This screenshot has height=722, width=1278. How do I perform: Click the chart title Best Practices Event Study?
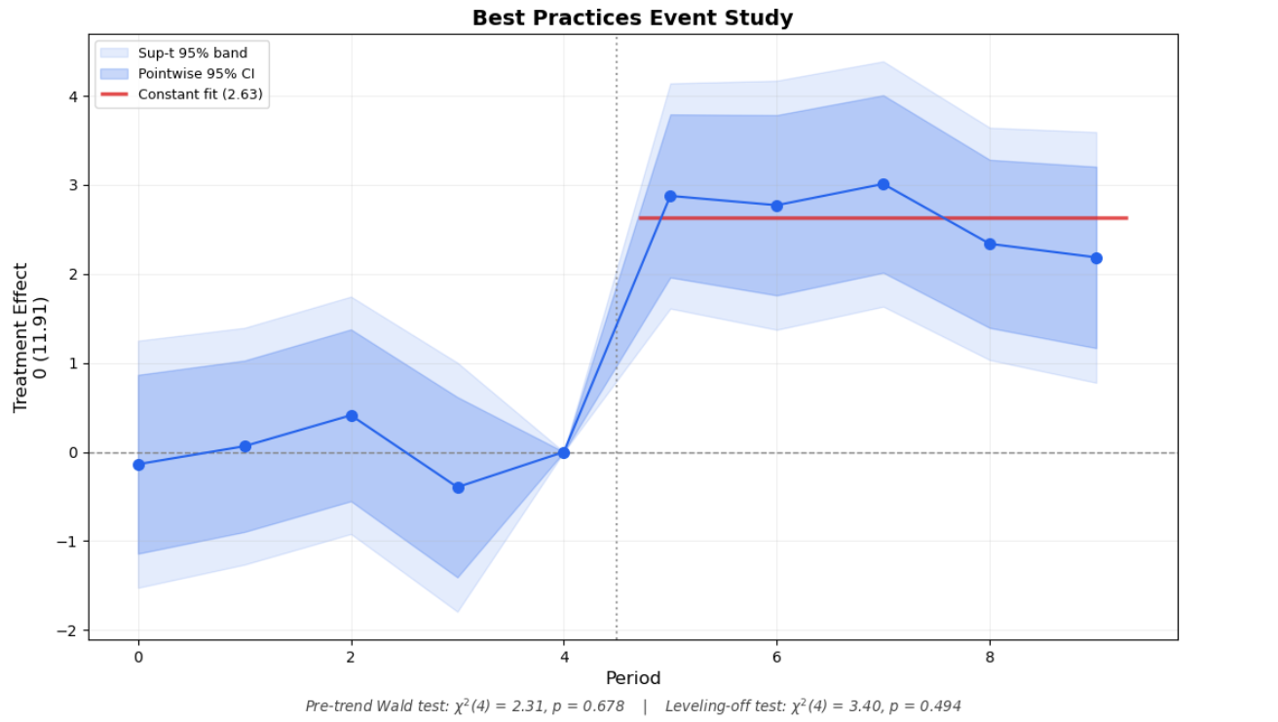[x=632, y=18]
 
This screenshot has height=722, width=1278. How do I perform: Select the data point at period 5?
[x=670, y=196]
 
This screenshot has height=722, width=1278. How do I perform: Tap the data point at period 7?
[x=883, y=184]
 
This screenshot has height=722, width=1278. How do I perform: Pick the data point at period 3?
[x=458, y=487]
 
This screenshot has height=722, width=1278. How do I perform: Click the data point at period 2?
[x=352, y=416]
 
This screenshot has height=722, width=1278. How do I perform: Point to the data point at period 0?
[x=138, y=465]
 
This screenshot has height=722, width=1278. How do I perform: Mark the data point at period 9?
[x=1097, y=258]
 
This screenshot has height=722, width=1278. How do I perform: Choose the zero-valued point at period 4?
[x=564, y=452]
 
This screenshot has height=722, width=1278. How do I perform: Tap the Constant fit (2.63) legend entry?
[x=200, y=95]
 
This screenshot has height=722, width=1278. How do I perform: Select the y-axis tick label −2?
[x=68, y=630]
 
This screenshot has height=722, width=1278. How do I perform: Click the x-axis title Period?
[x=633, y=678]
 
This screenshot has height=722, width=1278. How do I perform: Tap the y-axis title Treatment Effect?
[x=21, y=337]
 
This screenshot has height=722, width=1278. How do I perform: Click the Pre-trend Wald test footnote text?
[x=465, y=705]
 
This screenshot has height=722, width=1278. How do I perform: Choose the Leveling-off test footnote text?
[x=813, y=705]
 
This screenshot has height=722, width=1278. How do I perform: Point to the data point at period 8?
[x=990, y=244]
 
